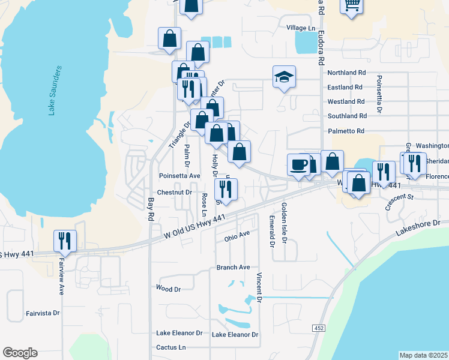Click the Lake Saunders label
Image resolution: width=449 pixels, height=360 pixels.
[x=53, y=90]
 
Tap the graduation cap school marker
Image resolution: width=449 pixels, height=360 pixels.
[x=285, y=77]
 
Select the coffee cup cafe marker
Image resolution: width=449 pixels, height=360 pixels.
[x=299, y=164]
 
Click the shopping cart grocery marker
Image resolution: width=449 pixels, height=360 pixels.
[x=352, y=5]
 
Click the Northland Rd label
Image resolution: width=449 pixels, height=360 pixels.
[x=346, y=73]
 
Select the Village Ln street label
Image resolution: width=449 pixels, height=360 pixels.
[x=301, y=28]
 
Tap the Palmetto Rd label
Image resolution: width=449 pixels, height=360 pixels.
[x=346, y=131]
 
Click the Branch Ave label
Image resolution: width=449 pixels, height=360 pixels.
[x=233, y=267]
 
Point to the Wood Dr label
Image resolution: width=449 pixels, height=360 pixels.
[x=168, y=289]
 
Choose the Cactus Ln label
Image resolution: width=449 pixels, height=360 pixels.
[x=171, y=347]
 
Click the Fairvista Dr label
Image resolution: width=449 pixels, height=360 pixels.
[x=43, y=313]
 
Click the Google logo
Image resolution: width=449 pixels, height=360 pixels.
[x=20, y=353]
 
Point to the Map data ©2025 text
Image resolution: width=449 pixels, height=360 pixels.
[x=423, y=355]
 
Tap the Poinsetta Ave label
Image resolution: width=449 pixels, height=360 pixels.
[x=179, y=176]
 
